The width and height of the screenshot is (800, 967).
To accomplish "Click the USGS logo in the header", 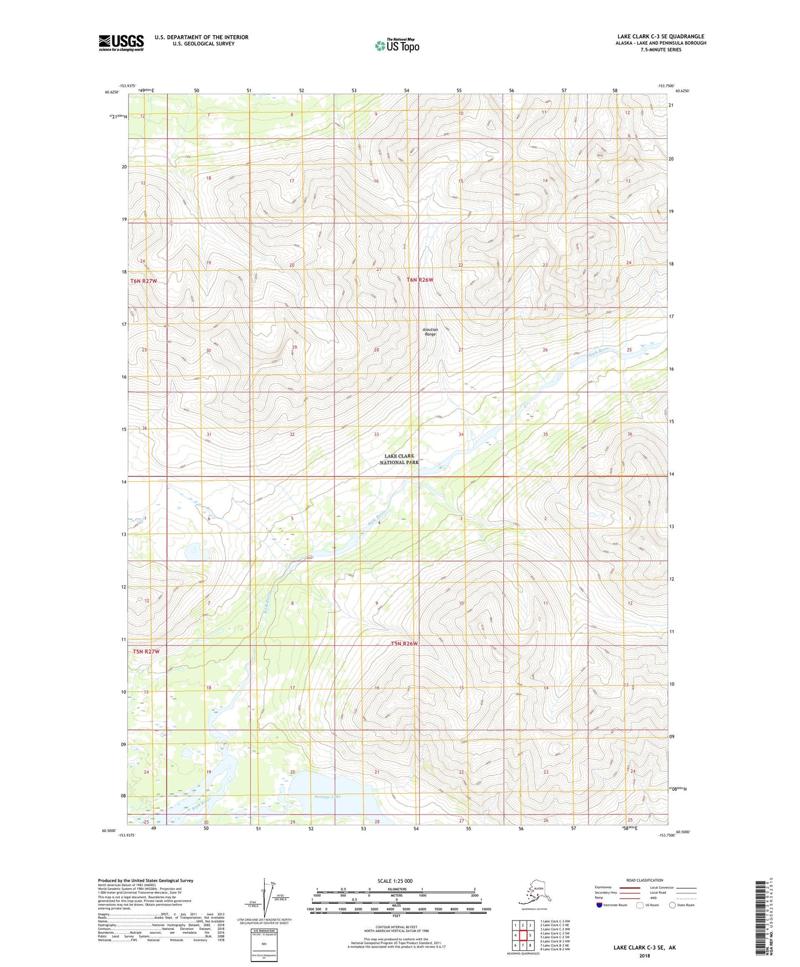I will click(121, 43).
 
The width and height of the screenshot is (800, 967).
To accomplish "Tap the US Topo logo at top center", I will click(396, 45).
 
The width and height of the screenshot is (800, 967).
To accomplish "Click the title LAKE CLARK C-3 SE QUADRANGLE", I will click(660, 37).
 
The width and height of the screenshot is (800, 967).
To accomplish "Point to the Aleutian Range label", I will click(430, 332).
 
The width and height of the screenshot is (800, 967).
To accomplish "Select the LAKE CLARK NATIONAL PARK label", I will click(399, 459).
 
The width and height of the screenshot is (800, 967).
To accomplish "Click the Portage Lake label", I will click(327, 797).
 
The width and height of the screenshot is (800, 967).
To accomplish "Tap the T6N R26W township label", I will click(420, 280).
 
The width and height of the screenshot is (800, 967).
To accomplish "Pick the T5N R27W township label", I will click(146, 651).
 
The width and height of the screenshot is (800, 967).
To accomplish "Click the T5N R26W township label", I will click(404, 644).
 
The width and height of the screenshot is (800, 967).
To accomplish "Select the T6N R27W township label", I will click(143, 281).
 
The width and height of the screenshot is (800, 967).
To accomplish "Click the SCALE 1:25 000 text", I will click(395, 881).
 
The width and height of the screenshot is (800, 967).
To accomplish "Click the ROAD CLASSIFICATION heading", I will click(644, 880).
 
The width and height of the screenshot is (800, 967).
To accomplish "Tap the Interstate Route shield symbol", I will click(600, 905).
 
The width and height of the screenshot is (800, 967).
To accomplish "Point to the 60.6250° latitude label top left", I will click(112, 92).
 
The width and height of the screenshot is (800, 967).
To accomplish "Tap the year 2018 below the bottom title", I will click(644, 955).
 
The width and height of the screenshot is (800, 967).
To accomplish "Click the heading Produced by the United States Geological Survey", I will click(146, 880).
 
